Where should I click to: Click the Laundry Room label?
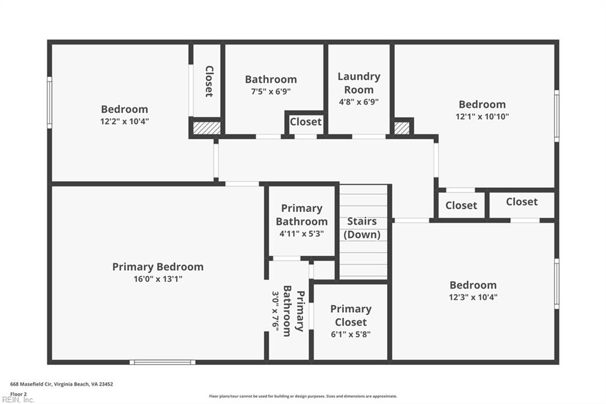[359, 83]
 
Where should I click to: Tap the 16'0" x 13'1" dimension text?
[157, 279]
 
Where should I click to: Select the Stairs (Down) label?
[362, 228]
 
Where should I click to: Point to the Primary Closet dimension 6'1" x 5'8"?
[350, 334]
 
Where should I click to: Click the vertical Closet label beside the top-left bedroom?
[209, 81]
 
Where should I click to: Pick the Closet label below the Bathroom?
[306, 122]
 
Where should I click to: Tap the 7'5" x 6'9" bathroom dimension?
[270, 92]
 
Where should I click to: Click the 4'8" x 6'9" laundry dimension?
[359, 102]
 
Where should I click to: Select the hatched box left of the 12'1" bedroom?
[402, 128]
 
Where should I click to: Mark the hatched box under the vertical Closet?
[207, 128]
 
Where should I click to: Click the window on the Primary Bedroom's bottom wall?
[162, 362]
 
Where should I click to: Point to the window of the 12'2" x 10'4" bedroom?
[50, 102]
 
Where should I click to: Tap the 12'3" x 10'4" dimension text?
[473, 297]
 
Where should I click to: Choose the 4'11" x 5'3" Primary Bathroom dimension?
[301, 234]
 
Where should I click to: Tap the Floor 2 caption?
[18, 394]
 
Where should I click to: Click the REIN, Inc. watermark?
[18, 400]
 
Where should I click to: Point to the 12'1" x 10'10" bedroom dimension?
[482, 117]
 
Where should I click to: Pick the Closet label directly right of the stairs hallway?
[461, 206]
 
